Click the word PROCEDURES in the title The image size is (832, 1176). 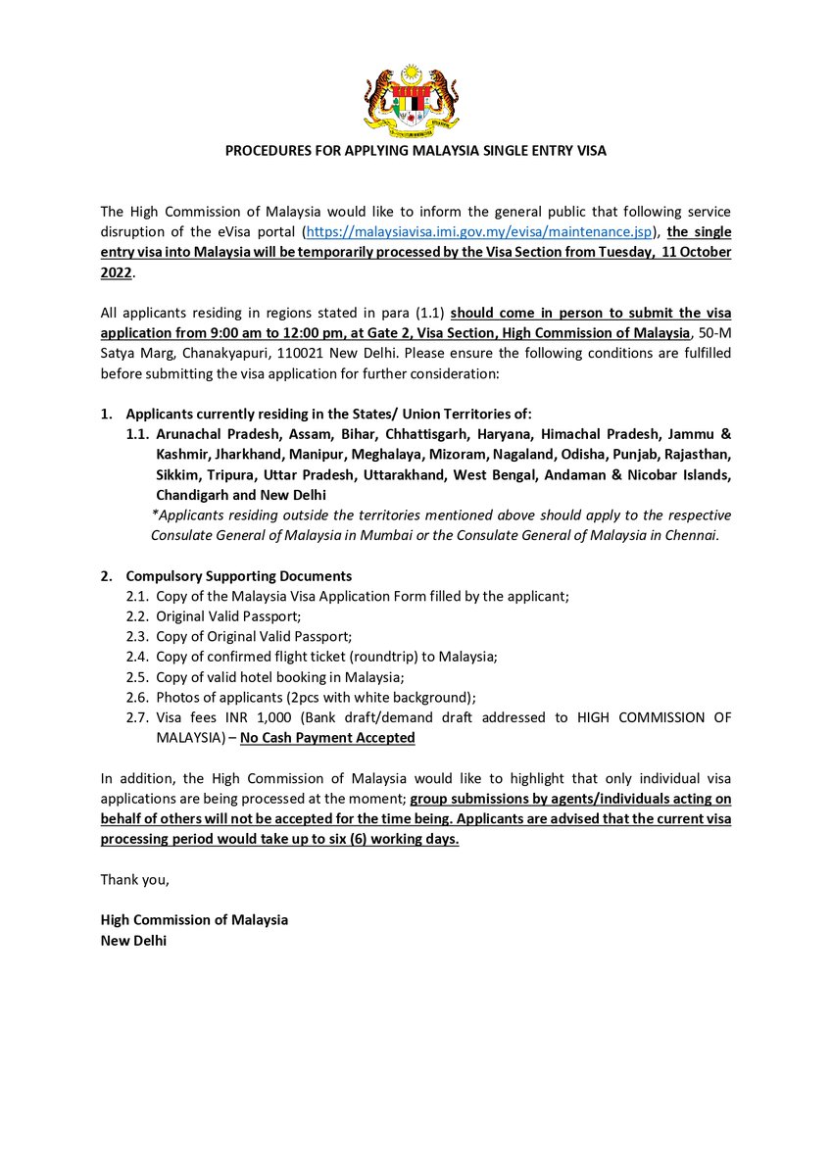click(x=271, y=151)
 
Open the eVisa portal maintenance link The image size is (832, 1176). click(x=479, y=231)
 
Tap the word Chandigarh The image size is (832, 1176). click(x=193, y=495)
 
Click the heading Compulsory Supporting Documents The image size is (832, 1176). click(x=252, y=576)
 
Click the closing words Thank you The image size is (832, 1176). click(x=135, y=879)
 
